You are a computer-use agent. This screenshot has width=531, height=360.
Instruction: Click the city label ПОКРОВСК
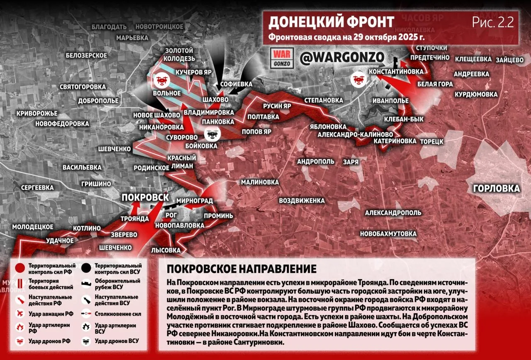(x=145, y=198)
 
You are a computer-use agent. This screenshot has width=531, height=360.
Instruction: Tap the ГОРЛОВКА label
(x=496, y=189)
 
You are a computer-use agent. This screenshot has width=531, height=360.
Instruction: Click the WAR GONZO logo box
(x=282, y=58)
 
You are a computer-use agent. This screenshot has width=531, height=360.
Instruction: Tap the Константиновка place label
(x=396, y=72)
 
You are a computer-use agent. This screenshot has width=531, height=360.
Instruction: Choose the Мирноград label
(x=195, y=201)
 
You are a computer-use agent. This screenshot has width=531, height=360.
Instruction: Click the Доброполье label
(x=98, y=101)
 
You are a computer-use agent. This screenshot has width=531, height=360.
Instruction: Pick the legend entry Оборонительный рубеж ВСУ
(x=117, y=284)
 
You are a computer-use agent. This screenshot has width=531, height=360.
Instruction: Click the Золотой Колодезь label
(x=179, y=54)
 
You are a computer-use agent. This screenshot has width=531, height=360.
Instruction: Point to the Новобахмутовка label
(x=388, y=234)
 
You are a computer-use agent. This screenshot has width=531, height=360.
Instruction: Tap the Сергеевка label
(x=37, y=188)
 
